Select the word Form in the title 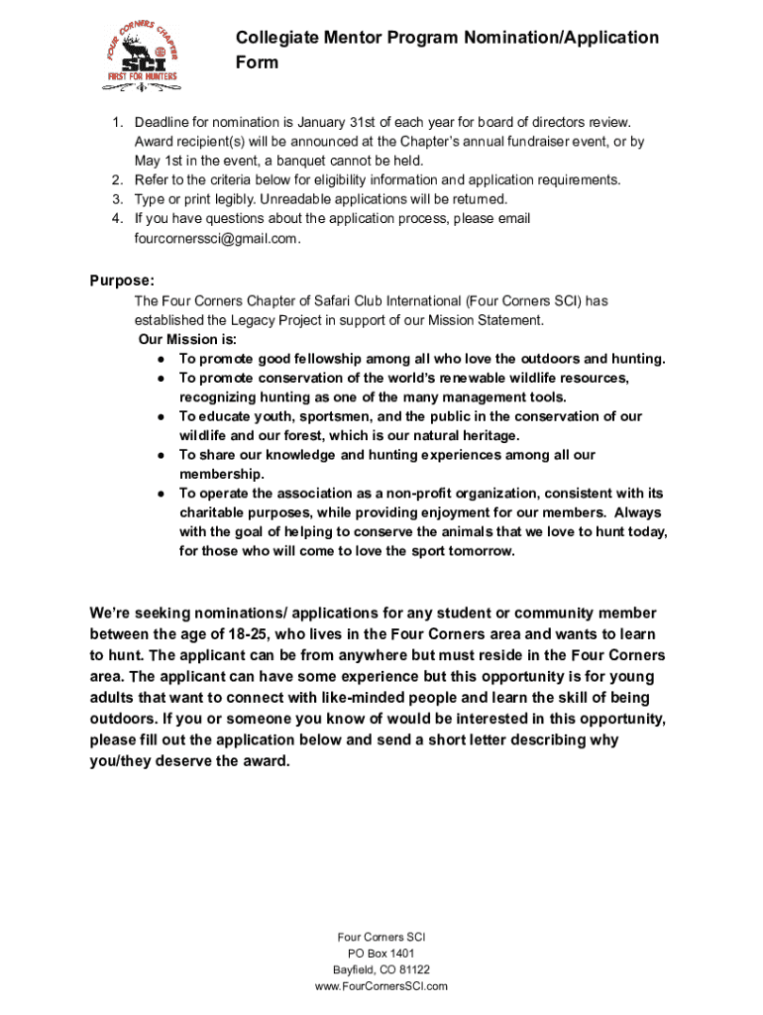(257, 62)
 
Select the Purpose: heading (122, 281)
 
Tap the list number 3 (115, 199)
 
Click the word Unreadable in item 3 (287, 199)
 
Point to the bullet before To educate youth (160, 417)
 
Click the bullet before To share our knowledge (160, 456)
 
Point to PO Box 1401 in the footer (381, 954)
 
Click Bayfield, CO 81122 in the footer (381, 970)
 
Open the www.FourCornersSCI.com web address (381, 987)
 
